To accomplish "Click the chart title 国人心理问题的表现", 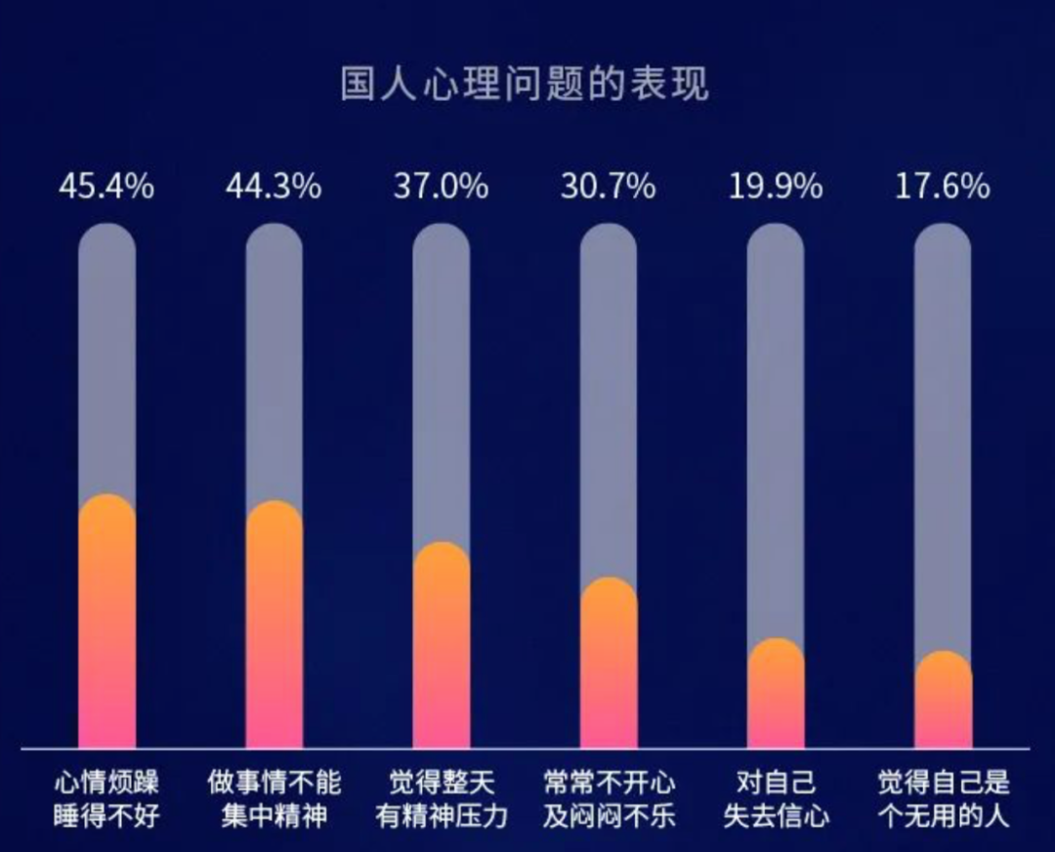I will coord(525,84).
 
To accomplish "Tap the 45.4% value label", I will coord(106,187).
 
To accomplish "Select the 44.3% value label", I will coord(274,187).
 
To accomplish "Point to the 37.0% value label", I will coord(441,187).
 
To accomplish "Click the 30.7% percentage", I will coord(608,187).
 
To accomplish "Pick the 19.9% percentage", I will coord(776,187).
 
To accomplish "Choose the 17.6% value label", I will coord(943,187).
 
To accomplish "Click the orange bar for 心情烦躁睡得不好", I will coord(106,625).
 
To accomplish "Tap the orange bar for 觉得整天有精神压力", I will coord(441,649).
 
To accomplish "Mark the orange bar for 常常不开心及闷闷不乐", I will coord(608,666).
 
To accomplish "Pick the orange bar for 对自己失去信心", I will coord(776,697).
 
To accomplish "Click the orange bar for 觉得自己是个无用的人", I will coord(943,703).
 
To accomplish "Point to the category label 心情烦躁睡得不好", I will coord(106,799).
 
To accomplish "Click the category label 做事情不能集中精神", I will coord(274,799).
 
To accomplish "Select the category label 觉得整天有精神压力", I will coord(441,799).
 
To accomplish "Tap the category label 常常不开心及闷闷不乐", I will coord(608,799).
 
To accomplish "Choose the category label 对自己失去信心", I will coord(776,799).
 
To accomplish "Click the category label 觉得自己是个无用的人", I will coord(943,799).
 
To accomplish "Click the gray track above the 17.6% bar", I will coord(943,440).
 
